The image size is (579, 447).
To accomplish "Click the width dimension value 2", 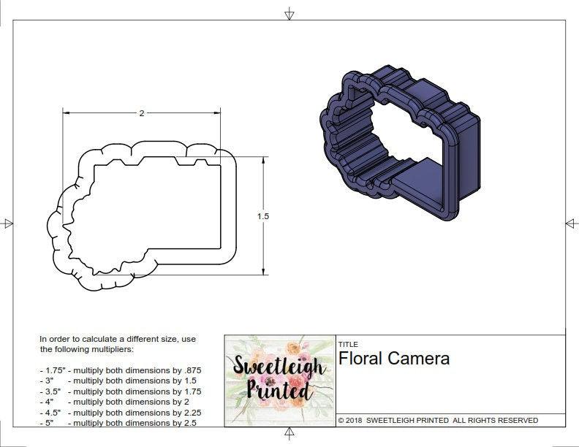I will [142, 113].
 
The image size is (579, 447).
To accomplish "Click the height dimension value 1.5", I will [263, 216].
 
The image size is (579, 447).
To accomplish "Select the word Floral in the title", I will [362, 359].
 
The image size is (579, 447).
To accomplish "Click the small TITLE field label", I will [347, 344].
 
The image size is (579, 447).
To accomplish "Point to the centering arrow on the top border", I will [289, 13].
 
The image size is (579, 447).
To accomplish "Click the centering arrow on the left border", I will [8, 223].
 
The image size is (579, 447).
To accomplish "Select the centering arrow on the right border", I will [571, 223].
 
